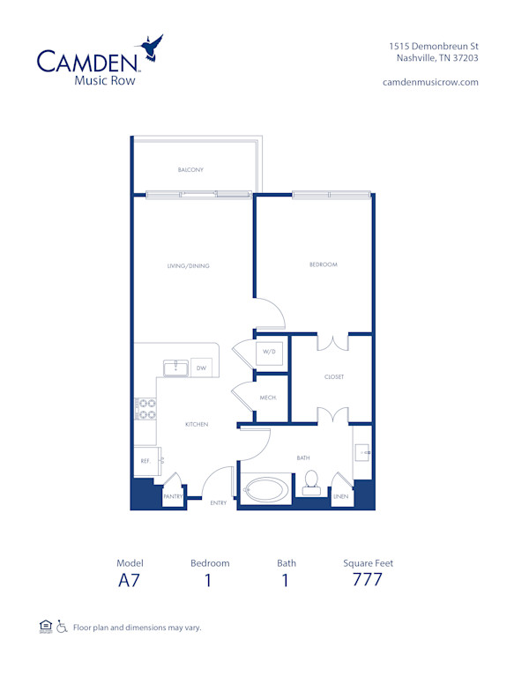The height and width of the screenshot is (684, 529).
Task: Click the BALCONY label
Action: tap(191, 169)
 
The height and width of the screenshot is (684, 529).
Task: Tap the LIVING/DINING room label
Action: tap(190, 265)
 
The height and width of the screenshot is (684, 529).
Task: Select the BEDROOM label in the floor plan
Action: tap(324, 264)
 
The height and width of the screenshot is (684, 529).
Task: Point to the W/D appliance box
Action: tap(268, 352)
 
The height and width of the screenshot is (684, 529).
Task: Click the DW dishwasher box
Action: tap(201, 368)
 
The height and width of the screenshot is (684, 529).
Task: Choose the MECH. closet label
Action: tap(267, 398)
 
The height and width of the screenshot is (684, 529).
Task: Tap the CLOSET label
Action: tap(333, 376)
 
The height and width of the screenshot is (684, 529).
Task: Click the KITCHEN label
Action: tap(196, 424)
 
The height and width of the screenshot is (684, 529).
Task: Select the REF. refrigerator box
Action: tap(145, 460)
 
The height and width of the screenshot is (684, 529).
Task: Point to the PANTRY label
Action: tap(174, 497)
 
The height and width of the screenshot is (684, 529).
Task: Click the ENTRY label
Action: tap(219, 503)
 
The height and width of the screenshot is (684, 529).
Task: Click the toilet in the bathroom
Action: tap(310, 481)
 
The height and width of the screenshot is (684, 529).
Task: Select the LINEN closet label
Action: tap(340, 497)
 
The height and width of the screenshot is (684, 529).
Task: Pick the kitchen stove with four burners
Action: tap(145, 408)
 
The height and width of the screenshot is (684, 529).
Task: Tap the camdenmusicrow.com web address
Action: tap(430, 81)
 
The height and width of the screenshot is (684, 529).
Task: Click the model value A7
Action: tap(129, 580)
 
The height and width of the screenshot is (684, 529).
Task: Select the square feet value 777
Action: tap(367, 580)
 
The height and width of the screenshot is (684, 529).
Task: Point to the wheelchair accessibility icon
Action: tap(61, 627)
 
